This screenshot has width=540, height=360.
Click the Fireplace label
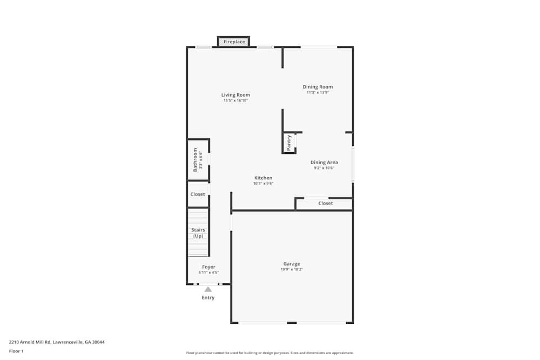(234, 42)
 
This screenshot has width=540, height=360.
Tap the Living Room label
(235, 95)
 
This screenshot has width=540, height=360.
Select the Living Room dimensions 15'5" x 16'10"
(235, 100)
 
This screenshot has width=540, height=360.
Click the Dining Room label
(318, 87)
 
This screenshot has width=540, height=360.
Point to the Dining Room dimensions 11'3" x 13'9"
(318, 92)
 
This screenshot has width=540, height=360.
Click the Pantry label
(289, 142)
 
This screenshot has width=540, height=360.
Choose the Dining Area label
(324, 162)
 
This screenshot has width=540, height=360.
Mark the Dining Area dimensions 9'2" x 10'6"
(324, 168)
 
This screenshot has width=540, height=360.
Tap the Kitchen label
(264, 178)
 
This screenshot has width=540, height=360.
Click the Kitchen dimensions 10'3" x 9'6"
(264, 184)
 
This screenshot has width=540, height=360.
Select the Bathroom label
(195, 160)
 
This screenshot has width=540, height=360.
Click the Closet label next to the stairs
(198, 194)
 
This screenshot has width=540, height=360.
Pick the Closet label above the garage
(326, 203)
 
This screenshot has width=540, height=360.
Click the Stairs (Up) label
(198, 233)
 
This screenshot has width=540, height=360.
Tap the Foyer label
(208, 267)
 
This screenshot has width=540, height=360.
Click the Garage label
(292, 264)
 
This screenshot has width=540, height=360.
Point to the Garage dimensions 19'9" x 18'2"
(292, 269)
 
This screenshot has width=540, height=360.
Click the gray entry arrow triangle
(208, 289)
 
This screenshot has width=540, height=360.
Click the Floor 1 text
(16, 351)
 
